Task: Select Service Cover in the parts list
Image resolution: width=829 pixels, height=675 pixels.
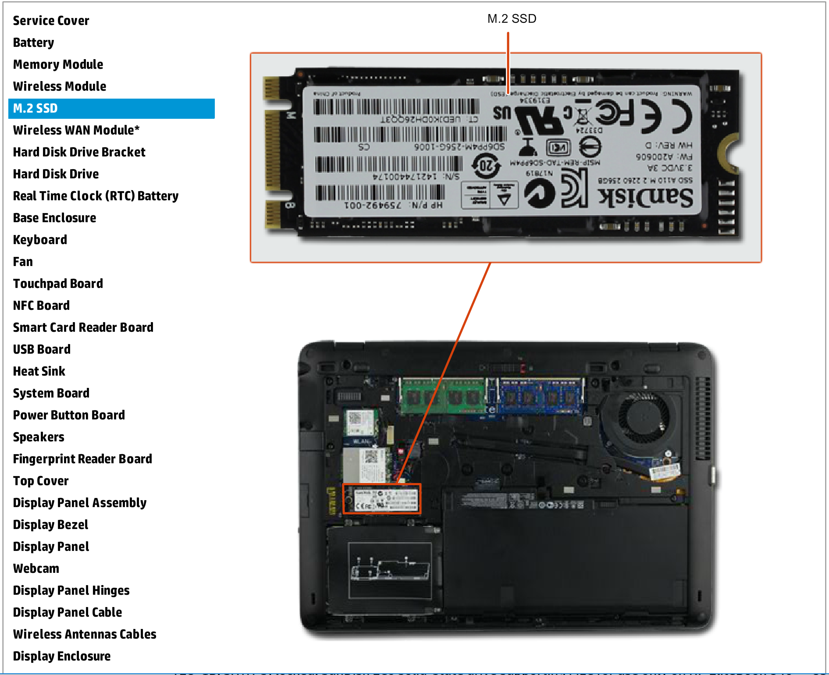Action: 51,21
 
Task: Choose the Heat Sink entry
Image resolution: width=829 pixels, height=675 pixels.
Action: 39,371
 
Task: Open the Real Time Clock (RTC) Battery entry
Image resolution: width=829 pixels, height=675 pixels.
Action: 96,196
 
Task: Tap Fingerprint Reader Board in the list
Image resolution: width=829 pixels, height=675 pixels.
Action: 82,459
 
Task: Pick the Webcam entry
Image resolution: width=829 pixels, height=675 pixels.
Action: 36,568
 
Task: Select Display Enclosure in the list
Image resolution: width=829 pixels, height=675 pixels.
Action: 62,656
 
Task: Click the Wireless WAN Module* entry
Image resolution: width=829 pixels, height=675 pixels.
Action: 76,130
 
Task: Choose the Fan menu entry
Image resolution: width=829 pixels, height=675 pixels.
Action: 23,262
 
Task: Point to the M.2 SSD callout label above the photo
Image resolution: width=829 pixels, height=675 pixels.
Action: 512,19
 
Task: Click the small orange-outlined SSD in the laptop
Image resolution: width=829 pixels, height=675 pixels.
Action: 381,498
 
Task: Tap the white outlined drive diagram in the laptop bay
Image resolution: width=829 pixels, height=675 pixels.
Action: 390,570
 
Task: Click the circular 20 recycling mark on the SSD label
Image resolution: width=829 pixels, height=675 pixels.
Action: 486,166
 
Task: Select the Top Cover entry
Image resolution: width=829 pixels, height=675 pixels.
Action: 41,481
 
